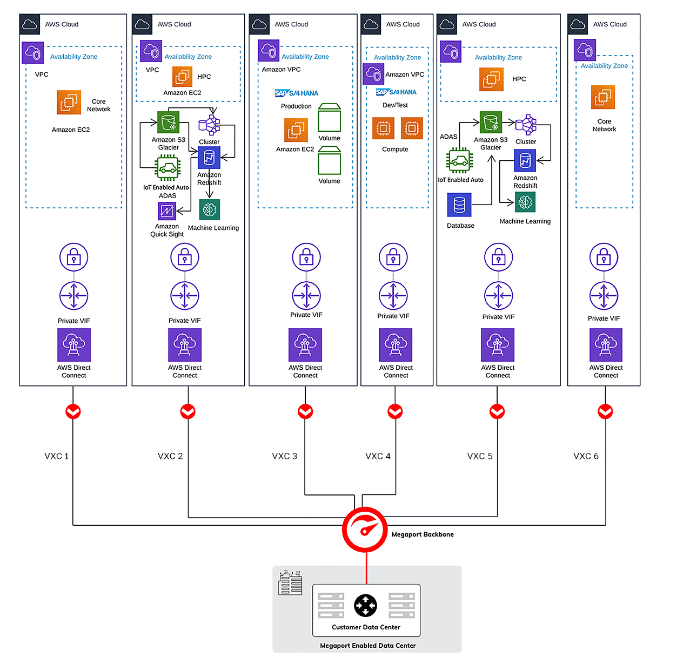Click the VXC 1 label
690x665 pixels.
coord(57,456)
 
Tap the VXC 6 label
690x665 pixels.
coord(586,456)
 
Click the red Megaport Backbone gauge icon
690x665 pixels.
coord(365,530)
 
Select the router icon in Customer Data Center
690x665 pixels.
coord(366,606)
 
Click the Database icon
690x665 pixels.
coord(459,205)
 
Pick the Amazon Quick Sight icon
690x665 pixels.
coord(167,212)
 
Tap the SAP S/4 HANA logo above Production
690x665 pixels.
coord(297,93)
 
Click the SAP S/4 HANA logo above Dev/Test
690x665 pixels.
coord(396,92)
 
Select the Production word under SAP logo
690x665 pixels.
coord(296,106)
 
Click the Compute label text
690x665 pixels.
coord(395,150)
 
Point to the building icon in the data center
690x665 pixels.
coord(290,583)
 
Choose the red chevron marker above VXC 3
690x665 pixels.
coord(305,411)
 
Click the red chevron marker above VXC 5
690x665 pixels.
coord(497,411)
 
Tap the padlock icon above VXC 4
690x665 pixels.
coord(393,257)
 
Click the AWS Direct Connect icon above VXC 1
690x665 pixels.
coord(74,345)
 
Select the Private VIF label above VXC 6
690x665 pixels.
coord(604,318)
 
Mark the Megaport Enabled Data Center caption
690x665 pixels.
coord(367,646)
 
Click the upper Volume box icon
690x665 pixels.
coord(329,118)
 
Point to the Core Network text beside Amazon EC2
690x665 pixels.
coord(98,105)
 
